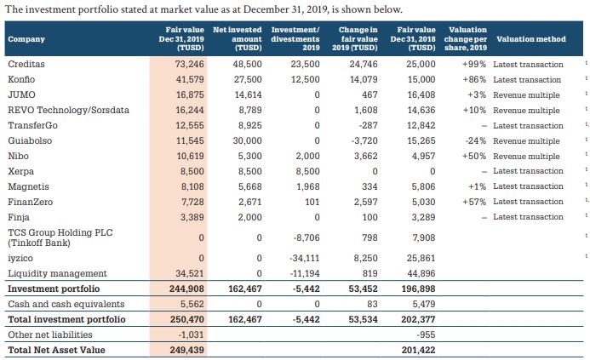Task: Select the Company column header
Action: coord(26,39)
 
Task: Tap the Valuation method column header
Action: coord(530,39)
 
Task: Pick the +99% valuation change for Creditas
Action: coord(473,65)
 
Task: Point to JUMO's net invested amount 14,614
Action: coord(246,95)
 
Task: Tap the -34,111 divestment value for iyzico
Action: coord(302,258)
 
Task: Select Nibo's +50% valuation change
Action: coord(473,156)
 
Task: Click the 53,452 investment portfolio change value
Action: coord(364,289)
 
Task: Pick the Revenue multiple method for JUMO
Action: coord(526,95)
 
